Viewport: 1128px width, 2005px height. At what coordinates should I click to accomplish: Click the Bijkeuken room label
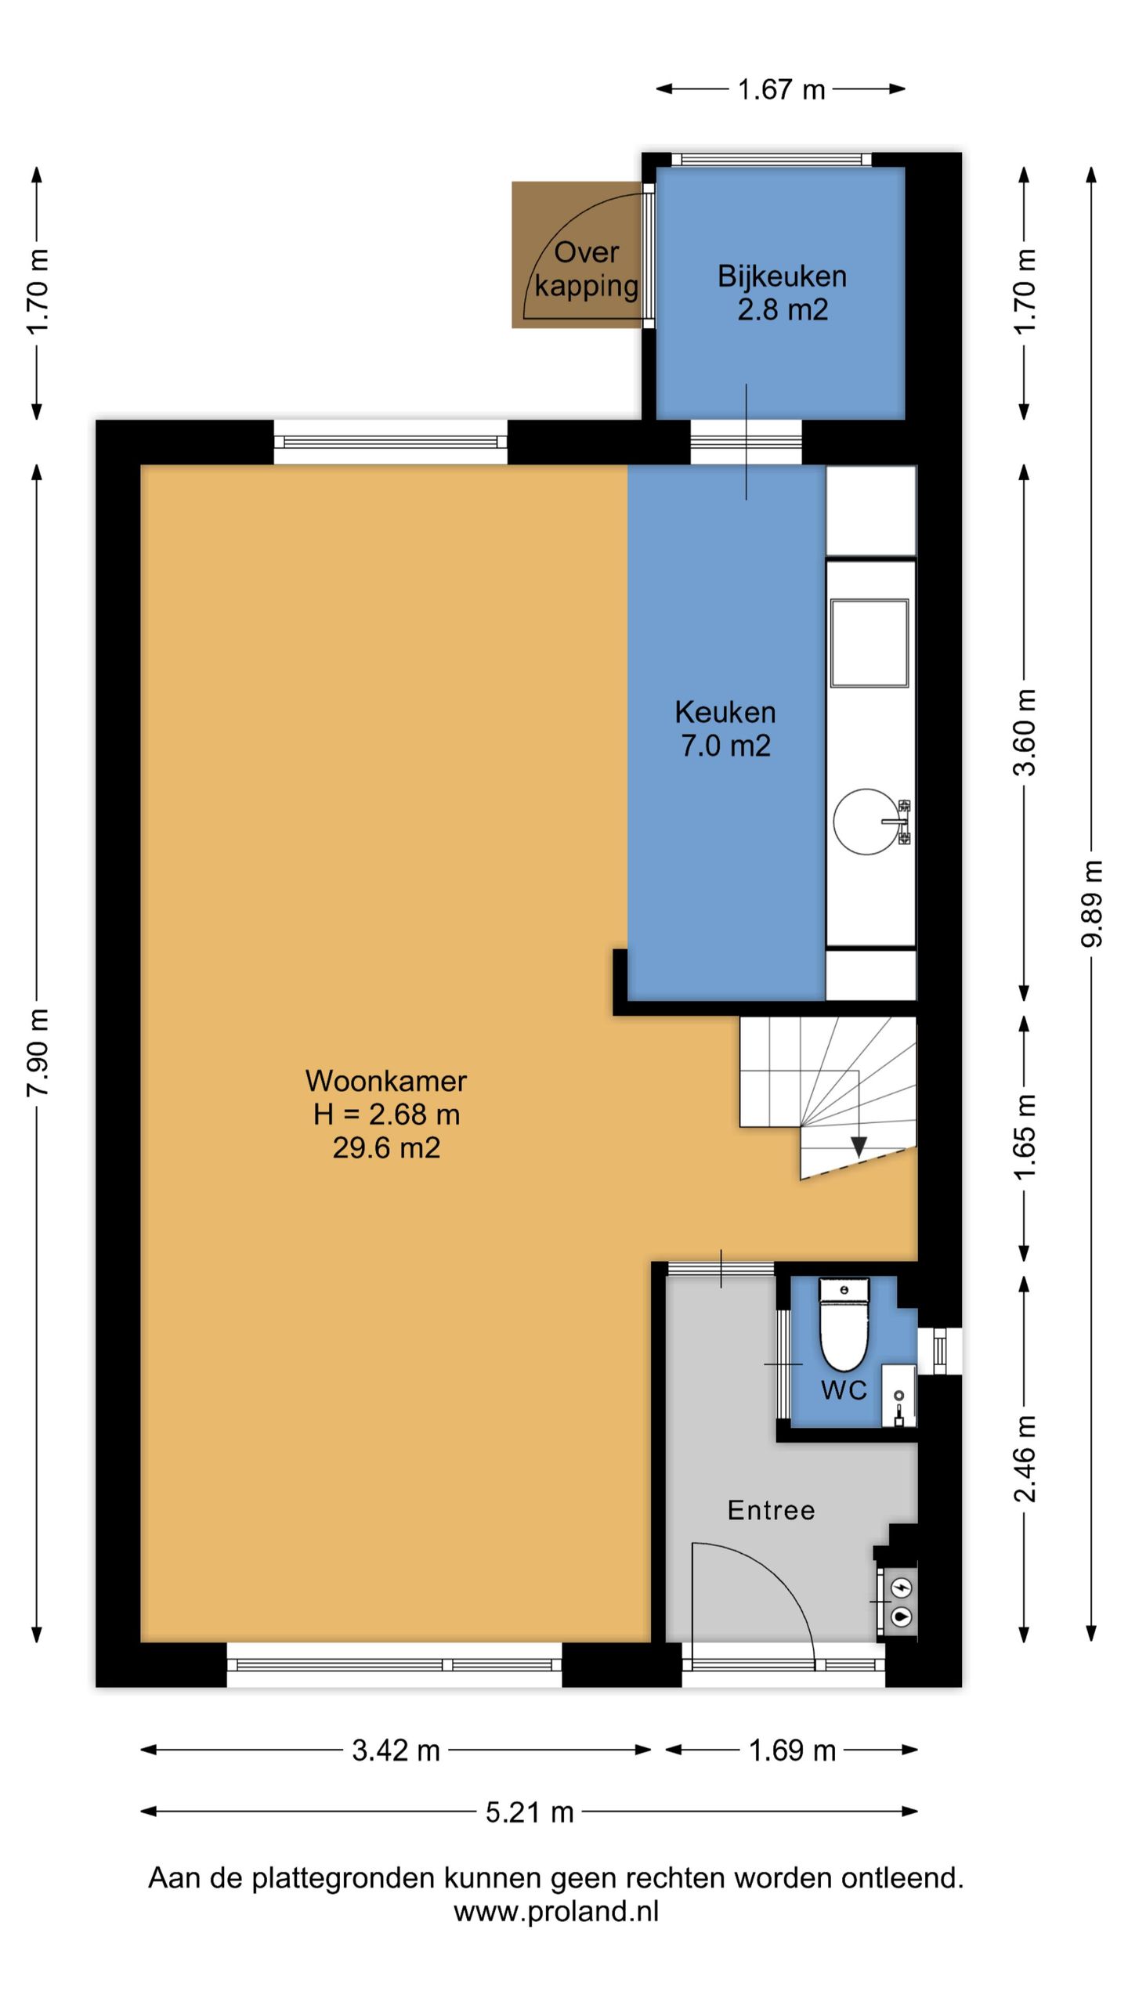782,276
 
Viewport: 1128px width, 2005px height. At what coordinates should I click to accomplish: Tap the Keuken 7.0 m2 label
725,728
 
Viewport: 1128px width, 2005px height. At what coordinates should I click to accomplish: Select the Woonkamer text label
386,1081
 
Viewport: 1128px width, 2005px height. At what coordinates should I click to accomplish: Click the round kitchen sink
866,821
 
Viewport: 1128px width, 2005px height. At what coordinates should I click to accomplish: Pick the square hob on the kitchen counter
869,643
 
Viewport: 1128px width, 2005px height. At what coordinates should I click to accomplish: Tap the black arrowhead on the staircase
859,1147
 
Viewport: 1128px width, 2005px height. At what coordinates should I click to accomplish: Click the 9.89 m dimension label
1091,904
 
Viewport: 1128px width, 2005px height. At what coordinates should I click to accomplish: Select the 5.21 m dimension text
530,1812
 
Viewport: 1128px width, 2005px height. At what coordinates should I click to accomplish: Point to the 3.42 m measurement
396,1750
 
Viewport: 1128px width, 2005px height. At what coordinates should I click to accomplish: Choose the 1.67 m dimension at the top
781,89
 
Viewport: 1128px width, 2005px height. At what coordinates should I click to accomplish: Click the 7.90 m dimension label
38,1052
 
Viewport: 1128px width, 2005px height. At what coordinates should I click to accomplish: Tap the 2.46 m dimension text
1025,1458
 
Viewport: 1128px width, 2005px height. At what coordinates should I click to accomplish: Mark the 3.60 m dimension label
1025,732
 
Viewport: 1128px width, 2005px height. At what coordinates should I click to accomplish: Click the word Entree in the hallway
771,1510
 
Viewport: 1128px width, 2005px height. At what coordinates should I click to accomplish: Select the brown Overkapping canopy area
577,255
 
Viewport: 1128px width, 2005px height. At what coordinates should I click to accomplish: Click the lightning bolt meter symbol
902,1588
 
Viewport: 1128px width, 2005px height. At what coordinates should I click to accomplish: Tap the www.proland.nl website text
556,1912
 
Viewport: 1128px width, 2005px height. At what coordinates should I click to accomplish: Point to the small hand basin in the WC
898,1396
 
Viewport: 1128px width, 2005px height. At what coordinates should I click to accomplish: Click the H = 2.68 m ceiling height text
386,1114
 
